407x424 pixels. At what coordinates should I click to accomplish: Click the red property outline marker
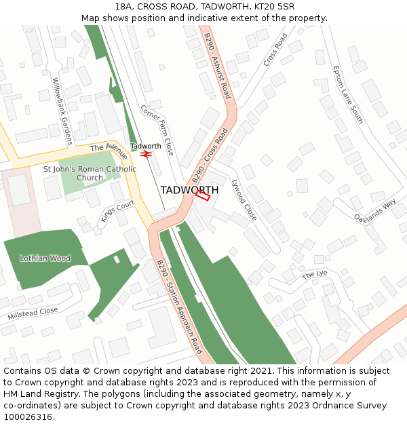tap(202, 195)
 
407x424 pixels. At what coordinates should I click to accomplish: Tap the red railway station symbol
tap(145, 154)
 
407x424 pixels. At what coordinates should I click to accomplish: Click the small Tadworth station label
tap(145, 146)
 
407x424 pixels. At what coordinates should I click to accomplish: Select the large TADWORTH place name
tap(189, 190)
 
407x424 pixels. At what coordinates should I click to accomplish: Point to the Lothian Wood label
tap(45, 258)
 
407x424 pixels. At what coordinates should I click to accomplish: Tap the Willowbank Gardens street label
tap(62, 111)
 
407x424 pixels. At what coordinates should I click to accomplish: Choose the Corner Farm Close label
tap(157, 130)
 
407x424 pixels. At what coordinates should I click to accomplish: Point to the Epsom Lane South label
tap(348, 94)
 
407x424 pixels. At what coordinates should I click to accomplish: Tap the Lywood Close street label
tap(244, 200)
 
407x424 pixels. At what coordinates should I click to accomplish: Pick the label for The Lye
tap(315, 274)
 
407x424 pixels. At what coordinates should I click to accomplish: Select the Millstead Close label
tap(33, 313)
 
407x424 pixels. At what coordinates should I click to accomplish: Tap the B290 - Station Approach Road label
tap(179, 307)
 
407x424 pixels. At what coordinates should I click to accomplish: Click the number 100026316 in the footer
tap(26, 417)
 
